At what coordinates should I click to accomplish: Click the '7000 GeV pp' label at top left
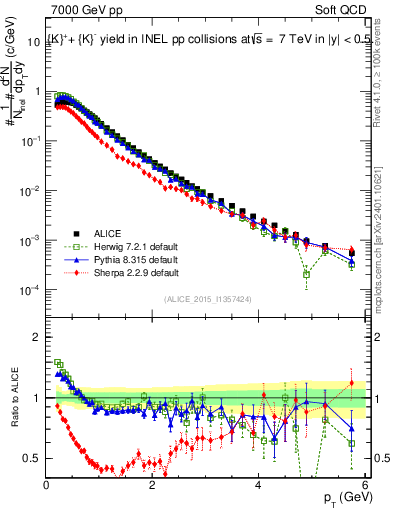(80, 12)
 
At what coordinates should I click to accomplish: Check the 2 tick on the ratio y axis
(38, 336)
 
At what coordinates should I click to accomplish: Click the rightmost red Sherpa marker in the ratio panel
(351, 383)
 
